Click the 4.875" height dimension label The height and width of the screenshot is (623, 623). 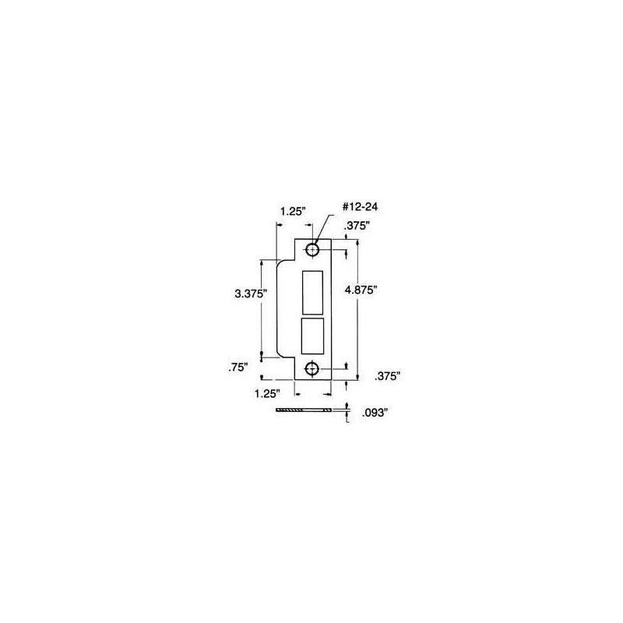[361, 290]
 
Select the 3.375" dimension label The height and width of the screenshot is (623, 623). [250, 294]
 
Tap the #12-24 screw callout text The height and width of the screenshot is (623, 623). [360, 206]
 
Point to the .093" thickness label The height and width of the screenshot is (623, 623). [375, 414]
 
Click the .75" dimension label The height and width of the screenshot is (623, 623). [238, 368]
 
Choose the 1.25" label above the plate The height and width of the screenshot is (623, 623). [294, 211]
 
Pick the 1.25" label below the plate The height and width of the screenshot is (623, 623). [267, 393]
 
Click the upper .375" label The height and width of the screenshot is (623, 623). [357, 226]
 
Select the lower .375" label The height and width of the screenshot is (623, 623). [387, 376]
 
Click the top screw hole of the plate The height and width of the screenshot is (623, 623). [312, 250]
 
